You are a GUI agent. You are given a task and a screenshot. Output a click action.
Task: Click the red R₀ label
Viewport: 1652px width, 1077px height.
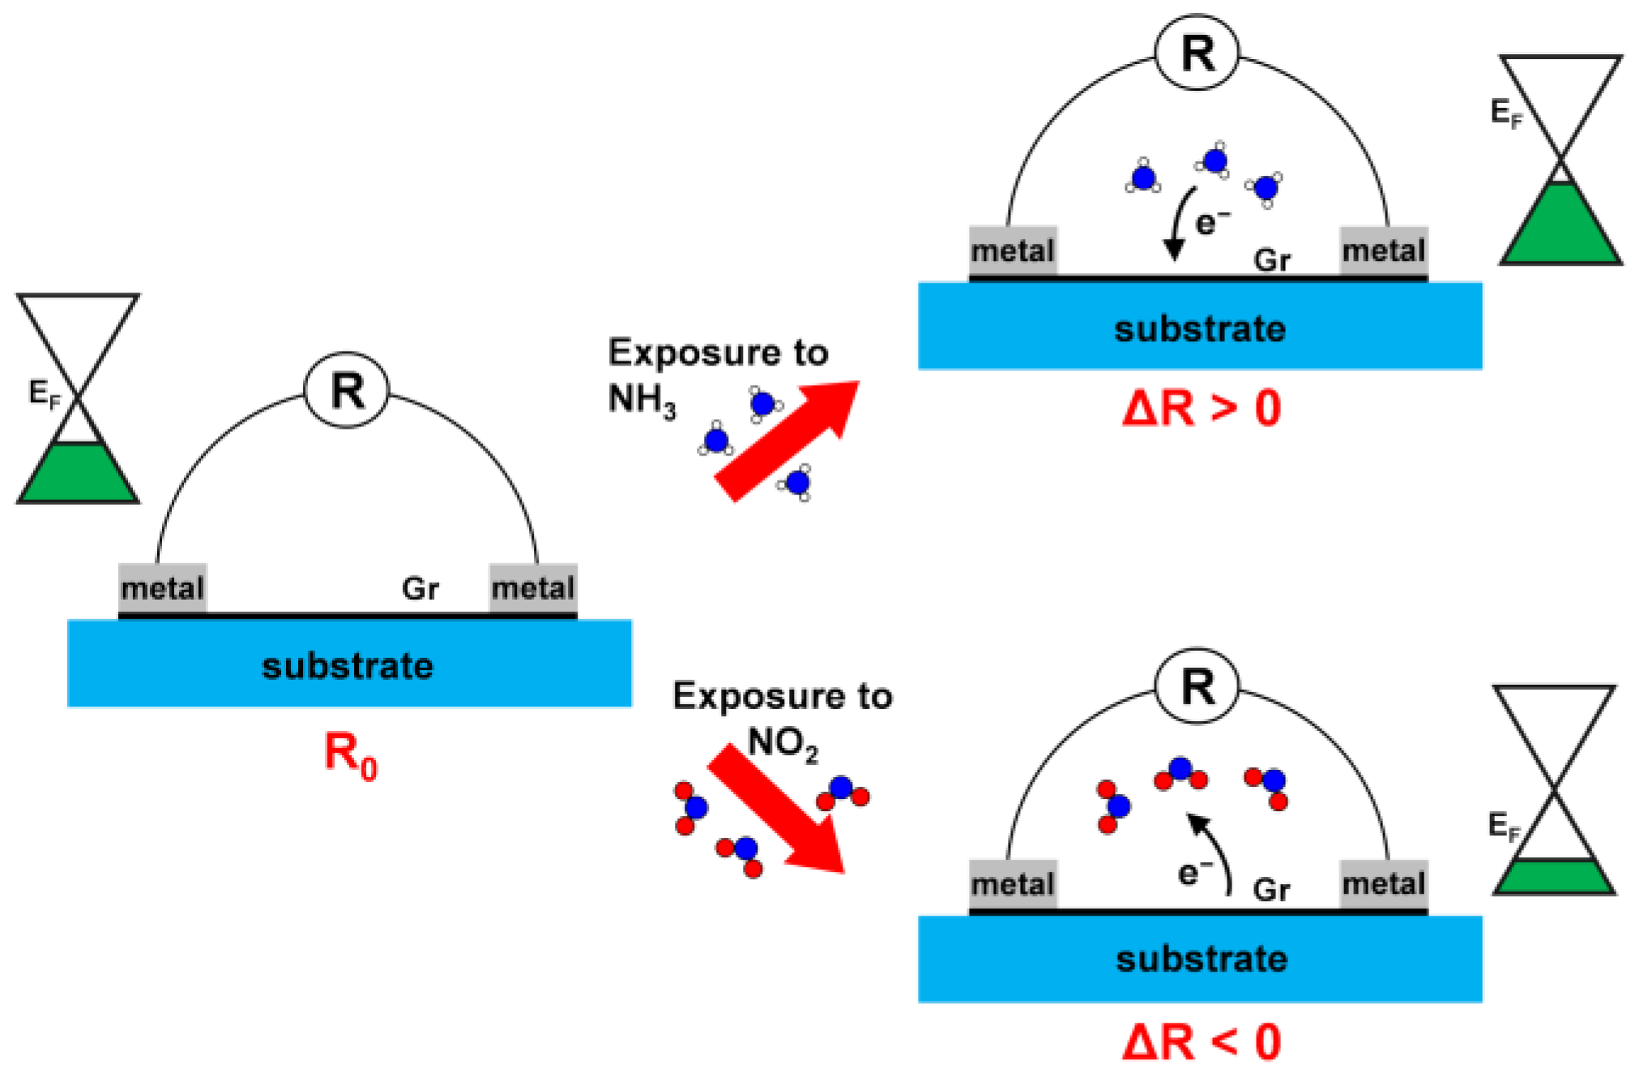click(350, 754)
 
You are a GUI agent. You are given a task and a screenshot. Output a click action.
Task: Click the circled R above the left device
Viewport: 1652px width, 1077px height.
click(347, 391)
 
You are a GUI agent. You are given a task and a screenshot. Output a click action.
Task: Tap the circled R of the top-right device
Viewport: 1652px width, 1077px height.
click(1197, 53)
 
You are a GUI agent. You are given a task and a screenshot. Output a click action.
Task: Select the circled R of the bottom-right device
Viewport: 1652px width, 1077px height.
click(1197, 686)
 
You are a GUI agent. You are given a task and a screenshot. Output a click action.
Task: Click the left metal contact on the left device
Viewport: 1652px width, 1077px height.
click(162, 588)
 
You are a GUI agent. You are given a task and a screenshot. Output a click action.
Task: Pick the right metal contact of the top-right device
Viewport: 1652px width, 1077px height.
click(1383, 250)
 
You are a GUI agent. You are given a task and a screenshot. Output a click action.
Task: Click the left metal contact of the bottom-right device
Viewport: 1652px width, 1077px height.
click(1013, 883)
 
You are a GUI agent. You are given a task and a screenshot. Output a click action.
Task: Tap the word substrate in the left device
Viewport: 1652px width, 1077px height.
click(348, 666)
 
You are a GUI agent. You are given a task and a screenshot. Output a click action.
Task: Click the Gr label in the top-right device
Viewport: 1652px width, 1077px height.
click(1271, 260)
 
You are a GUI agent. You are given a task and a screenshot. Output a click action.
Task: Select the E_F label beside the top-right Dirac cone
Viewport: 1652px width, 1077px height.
click(1506, 113)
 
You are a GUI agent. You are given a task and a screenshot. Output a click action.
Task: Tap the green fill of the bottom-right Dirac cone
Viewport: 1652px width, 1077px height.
click(1554, 877)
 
